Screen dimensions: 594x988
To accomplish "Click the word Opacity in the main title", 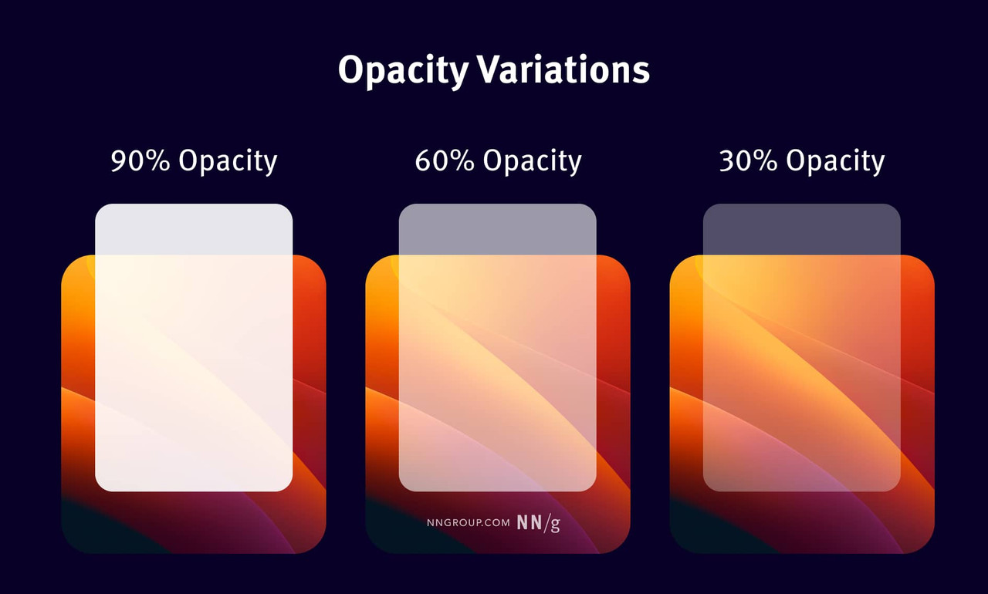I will [403, 71].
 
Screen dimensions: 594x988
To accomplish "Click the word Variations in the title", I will [563, 69].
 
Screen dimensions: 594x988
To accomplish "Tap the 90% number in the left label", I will [140, 160].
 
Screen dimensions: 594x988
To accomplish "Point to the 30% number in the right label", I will [748, 160].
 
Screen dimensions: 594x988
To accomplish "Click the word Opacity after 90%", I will [228, 162].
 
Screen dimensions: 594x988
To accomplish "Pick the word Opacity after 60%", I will [532, 162].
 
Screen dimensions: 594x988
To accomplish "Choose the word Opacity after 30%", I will [836, 162].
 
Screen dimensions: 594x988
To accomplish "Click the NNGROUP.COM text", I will [469, 522].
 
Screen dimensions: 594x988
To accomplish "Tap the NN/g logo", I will [538, 523].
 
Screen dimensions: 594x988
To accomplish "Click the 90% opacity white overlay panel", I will [194, 363].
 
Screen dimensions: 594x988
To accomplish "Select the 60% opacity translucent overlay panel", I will [497, 363].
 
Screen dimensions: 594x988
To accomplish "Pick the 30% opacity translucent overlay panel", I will [801, 363].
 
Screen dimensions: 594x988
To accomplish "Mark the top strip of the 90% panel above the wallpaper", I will [194, 229].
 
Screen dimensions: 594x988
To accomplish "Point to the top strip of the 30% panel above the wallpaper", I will [801, 229].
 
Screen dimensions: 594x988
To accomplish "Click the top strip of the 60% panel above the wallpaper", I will [497, 229].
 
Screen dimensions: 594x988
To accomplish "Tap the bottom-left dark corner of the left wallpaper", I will [77, 536].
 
